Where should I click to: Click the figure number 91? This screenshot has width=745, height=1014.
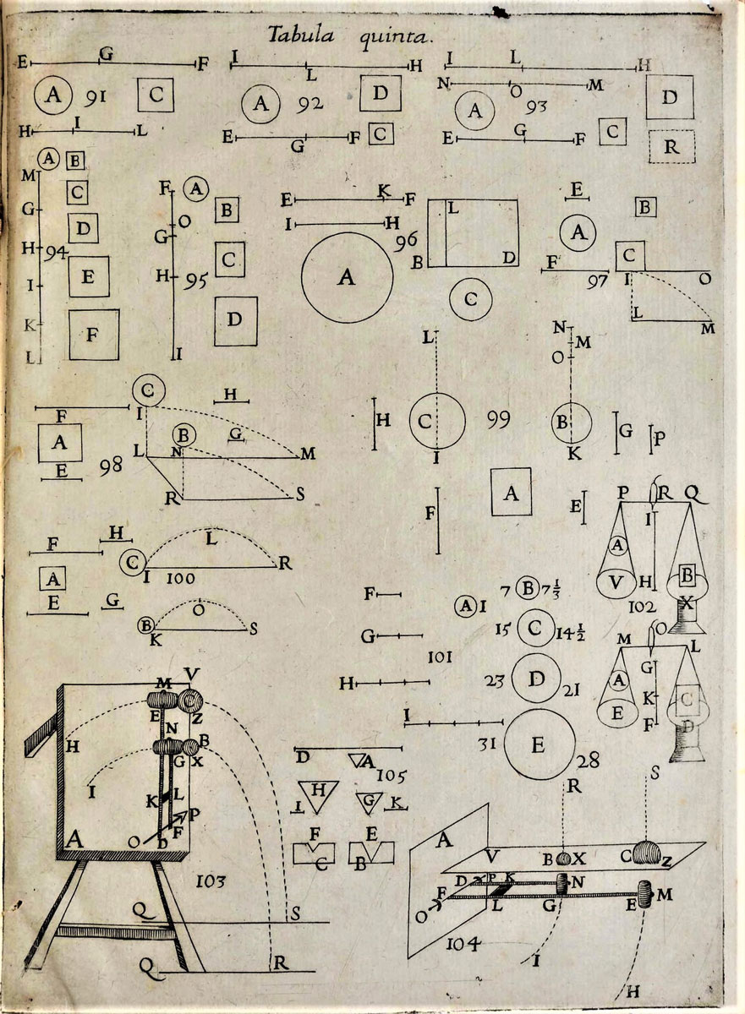[x=95, y=97]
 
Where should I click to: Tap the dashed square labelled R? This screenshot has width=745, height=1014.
[x=670, y=146]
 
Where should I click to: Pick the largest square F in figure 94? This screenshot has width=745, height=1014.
[x=94, y=334]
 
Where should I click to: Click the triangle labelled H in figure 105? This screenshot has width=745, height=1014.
[x=318, y=790]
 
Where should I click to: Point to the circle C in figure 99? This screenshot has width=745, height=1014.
[x=436, y=421]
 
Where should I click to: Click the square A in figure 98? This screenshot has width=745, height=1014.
[x=59, y=442]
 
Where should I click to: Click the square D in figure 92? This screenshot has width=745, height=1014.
[x=380, y=92]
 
